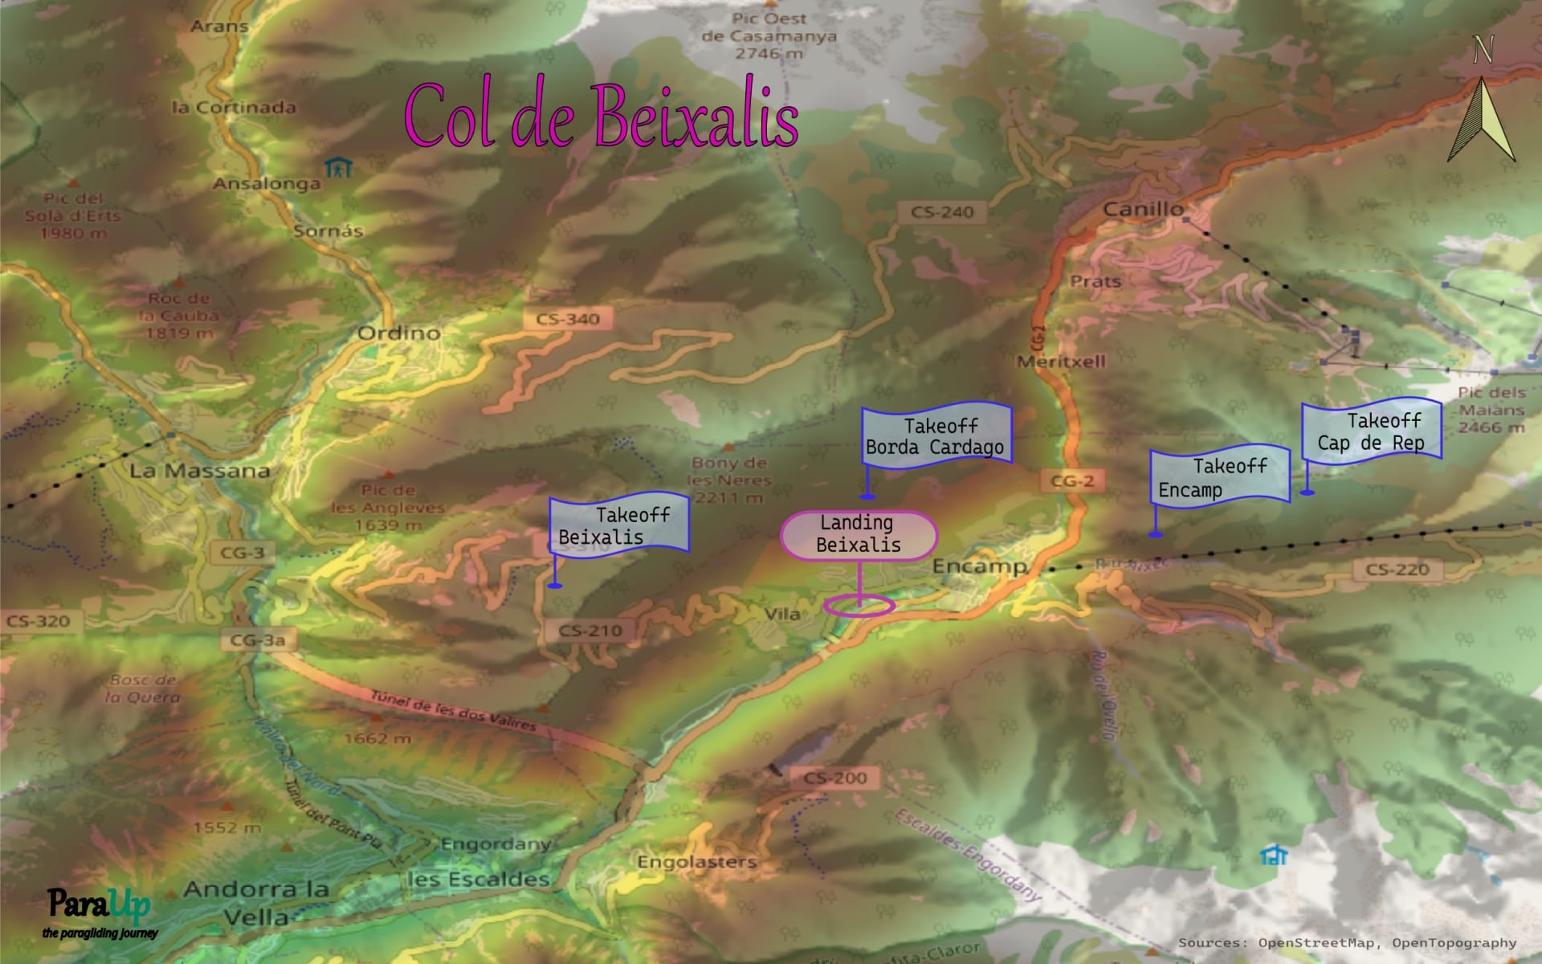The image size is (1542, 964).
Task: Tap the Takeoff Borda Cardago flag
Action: pyautogui.click(x=936, y=436)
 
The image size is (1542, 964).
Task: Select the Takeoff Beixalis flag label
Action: pyautogui.click(x=618, y=525)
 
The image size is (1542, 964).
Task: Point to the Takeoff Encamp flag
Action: pyautogui.click(x=1219, y=477)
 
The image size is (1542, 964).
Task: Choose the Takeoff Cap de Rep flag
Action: pyautogui.click(x=1372, y=431)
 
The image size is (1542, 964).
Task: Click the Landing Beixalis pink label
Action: pyautogui.click(x=858, y=534)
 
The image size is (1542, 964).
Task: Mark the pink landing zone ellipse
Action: pyautogui.click(x=859, y=606)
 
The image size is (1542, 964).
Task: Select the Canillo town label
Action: pyautogui.click(x=1143, y=210)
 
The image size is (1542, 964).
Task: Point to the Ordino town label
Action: pyautogui.click(x=398, y=333)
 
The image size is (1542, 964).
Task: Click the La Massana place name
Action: pyautogui.click(x=200, y=471)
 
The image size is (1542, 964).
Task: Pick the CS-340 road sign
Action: pyautogui.click(x=568, y=319)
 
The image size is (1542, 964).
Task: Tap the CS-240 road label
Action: pyautogui.click(x=942, y=212)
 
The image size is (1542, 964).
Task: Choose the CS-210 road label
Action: pyautogui.click(x=590, y=631)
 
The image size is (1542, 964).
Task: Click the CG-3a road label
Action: pyautogui.click(x=258, y=640)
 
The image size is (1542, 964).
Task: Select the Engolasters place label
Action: pyautogui.click(x=697, y=862)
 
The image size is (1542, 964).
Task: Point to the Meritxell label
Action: pyautogui.click(x=1061, y=361)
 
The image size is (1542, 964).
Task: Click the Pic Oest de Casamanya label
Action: pyautogui.click(x=769, y=36)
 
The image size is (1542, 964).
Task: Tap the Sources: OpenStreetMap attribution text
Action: pyautogui.click(x=1347, y=943)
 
